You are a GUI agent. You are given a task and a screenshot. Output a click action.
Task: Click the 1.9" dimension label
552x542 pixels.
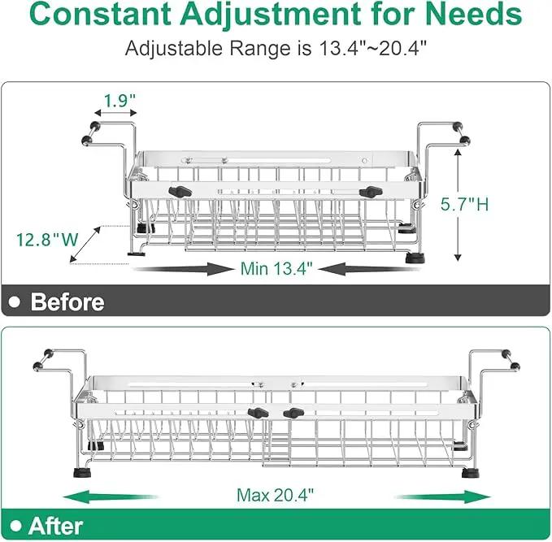pos(120,101)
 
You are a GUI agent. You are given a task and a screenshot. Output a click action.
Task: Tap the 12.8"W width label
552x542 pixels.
pos(47,240)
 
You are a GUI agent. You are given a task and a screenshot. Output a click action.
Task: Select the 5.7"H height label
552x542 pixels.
pos(465,204)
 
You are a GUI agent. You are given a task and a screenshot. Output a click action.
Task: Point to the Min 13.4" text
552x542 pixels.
pos(276,268)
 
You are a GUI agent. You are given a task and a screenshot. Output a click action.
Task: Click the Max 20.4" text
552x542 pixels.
pos(275,495)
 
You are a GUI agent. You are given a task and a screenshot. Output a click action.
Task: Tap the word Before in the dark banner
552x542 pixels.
pos(67,302)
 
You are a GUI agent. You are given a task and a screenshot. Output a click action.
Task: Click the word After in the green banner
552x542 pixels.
pos(55,527)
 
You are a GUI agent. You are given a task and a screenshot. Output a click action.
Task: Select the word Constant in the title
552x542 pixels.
pos(100,14)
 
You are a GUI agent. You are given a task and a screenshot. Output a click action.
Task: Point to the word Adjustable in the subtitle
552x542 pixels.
pos(173,48)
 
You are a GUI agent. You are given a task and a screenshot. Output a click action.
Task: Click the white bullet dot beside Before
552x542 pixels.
pos(15,302)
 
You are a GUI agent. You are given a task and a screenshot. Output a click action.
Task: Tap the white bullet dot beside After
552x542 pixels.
pos(15,527)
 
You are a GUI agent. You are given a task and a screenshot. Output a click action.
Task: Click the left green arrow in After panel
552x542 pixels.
pos(111,497)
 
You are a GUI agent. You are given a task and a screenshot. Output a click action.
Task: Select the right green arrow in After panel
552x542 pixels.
pos(443,497)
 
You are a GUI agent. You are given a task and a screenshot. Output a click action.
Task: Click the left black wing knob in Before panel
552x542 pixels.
pos(180,192)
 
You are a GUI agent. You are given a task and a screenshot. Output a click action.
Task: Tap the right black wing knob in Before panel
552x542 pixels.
pos(371,192)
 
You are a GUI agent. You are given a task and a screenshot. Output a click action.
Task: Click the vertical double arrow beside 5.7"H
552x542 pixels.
pos(458,205)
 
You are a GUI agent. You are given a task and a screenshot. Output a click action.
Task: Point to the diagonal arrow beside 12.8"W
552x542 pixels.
pos(85,245)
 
